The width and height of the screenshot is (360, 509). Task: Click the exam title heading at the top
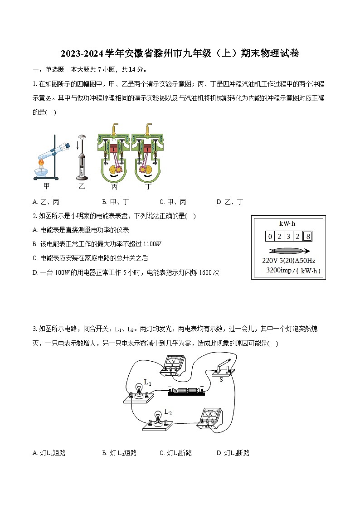(180, 54)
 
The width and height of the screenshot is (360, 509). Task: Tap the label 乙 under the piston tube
(82, 186)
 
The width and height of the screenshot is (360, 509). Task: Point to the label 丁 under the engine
(148, 186)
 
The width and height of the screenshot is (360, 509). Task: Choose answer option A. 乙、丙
(46, 202)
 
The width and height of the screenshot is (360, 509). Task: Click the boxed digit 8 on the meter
(308, 236)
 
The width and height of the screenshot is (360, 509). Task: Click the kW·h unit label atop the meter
(287, 223)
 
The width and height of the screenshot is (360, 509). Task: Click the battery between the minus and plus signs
(185, 391)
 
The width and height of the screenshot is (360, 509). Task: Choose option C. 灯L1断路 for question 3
(176, 453)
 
